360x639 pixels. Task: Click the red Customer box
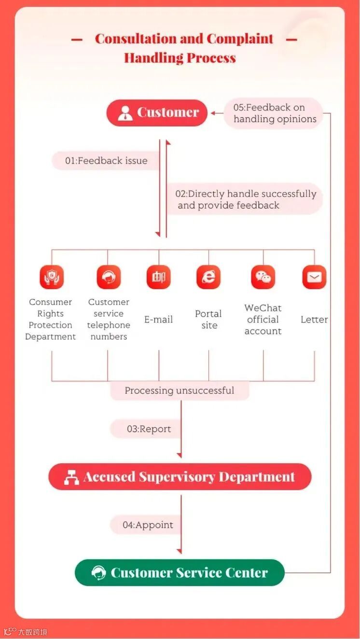tap(157, 113)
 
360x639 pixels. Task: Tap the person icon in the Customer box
tap(125, 113)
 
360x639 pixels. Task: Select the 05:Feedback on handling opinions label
tap(274, 113)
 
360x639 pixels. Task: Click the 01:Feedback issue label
tap(106, 161)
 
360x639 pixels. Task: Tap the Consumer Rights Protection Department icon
tap(51, 278)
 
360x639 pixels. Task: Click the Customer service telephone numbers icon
tap(109, 278)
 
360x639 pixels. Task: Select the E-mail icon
tap(159, 278)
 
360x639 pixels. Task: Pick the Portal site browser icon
tap(208, 278)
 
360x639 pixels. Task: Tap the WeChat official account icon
tap(263, 278)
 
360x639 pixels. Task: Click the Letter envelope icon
tap(314, 278)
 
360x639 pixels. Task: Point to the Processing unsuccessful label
tap(180, 390)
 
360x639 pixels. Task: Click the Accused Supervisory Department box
tap(180, 477)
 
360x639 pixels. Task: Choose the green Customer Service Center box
tap(180, 573)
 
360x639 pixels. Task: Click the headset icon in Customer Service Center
tap(99, 573)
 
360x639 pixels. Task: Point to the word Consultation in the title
tap(136, 39)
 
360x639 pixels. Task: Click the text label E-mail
tap(158, 319)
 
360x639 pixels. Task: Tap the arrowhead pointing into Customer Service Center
tap(180, 551)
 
